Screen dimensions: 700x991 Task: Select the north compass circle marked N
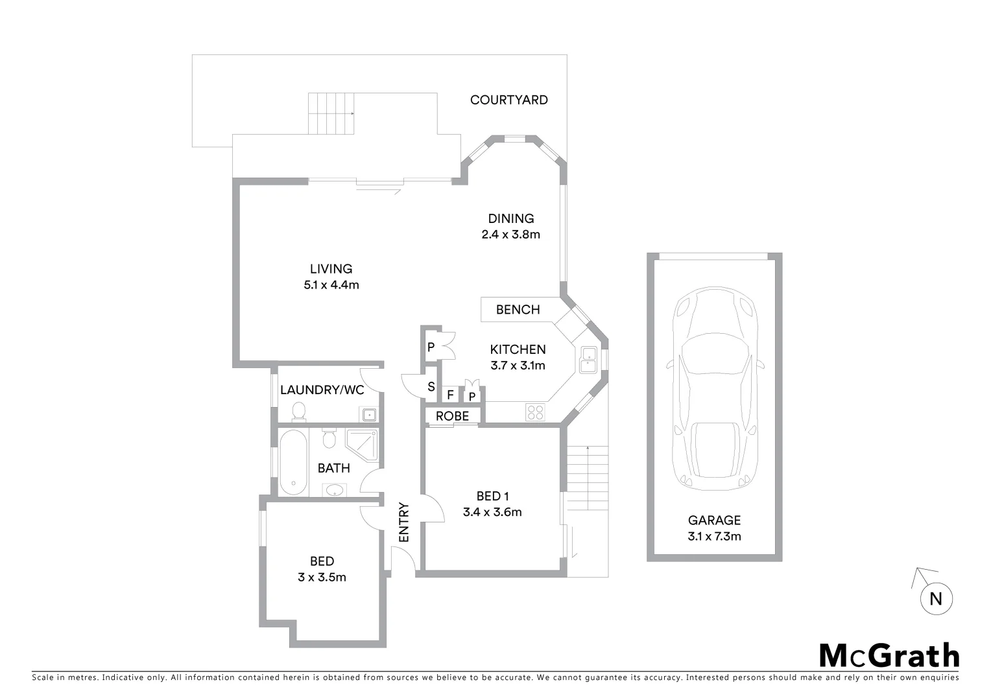(x=935, y=599)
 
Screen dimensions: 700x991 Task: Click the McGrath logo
(x=889, y=655)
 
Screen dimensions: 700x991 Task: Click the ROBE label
(x=452, y=416)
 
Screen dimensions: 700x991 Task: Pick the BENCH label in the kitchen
(x=518, y=310)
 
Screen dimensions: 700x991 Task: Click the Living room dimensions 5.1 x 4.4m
(x=331, y=285)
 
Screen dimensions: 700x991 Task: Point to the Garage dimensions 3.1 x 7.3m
(x=714, y=536)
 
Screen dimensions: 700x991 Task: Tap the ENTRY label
(x=404, y=522)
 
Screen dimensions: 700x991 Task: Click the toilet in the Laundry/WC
(x=298, y=411)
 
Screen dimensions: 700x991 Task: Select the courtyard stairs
(x=331, y=113)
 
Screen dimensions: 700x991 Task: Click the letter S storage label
(x=431, y=387)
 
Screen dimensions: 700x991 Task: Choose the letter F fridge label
(x=450, y=395)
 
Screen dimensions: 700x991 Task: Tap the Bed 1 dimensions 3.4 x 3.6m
(x=492, y=512)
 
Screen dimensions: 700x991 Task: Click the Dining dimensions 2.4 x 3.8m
(x=510, y=235)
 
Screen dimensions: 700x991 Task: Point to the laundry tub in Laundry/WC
(x=368, y=414)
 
